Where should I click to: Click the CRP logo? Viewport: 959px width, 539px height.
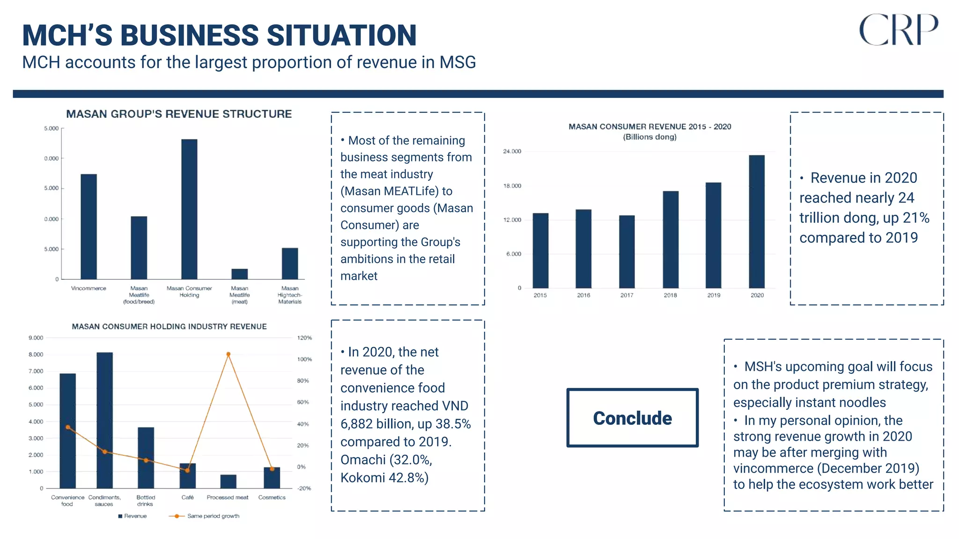coord(898,30)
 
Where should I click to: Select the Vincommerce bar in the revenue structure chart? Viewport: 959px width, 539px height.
coord(89,226)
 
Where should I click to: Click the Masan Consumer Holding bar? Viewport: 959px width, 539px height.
coord(189,209)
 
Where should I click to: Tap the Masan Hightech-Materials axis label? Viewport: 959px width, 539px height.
coord(290,295)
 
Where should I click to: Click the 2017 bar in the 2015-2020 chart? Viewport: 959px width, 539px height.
coord(627,252)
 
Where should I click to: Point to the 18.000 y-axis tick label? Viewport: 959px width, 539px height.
coord(512,186)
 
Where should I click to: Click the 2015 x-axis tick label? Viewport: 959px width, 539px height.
coord(540,295)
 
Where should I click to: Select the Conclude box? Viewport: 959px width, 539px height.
coord(632,418)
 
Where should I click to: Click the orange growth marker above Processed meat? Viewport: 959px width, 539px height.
coord(228,354)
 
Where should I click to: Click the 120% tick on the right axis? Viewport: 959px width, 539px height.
coord(304,338)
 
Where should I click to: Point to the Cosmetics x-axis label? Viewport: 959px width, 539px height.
coord(272,497)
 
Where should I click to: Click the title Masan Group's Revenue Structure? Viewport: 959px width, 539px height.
coord(179,114)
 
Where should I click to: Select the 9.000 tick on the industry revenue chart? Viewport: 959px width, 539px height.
coord(36,338)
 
